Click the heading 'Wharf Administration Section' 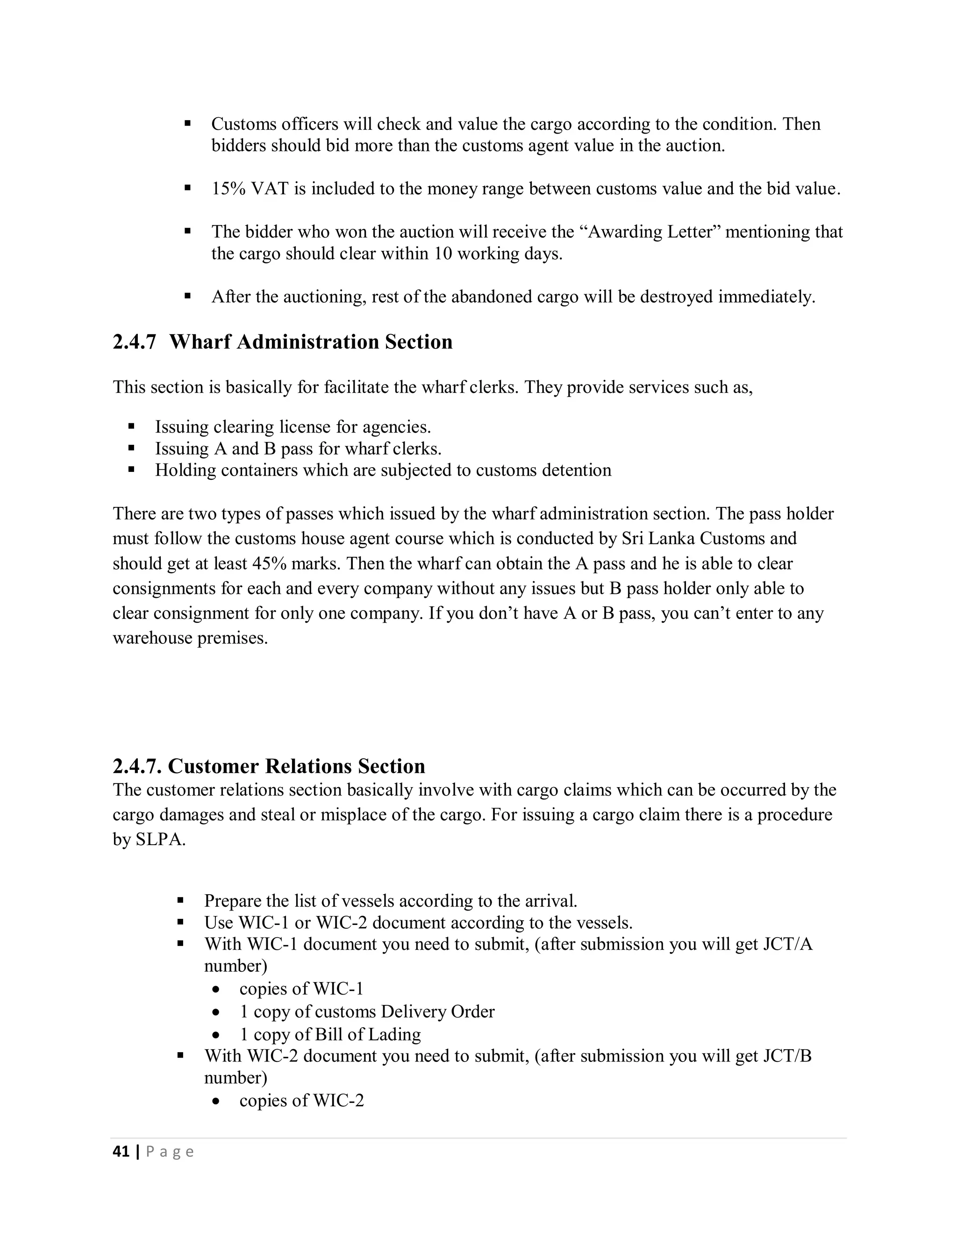click(311, 342)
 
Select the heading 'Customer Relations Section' click(296, 766)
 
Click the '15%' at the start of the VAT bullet click(229, 189)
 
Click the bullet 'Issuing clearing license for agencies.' click(293, 427)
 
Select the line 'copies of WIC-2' click(301, 1101)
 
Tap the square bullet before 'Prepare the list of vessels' click(181, 900)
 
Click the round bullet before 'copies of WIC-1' click(216, 989)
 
